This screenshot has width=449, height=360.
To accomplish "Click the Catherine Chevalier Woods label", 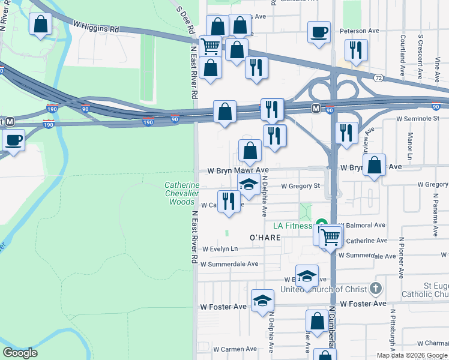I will pyautogui.click(x=182, y=194).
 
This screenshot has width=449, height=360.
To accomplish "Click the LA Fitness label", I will pyautogui.click(x=294, y=226).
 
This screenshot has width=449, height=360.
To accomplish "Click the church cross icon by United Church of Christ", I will pyautogui.click(x=376, y=289).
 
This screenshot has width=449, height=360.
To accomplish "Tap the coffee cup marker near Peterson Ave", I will pyautogui.click(x=319, y=32).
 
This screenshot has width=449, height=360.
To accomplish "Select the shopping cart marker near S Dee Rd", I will pyautogui.click(x=209, y=45).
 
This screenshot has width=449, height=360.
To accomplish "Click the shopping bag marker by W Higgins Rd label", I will pyautogui.click(x=40, y=25).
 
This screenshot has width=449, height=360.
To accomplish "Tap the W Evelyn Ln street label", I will pyautogui.click(x=220, y=249).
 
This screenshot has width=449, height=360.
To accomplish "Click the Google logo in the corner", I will pyautogui.click(x=20, y=353).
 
